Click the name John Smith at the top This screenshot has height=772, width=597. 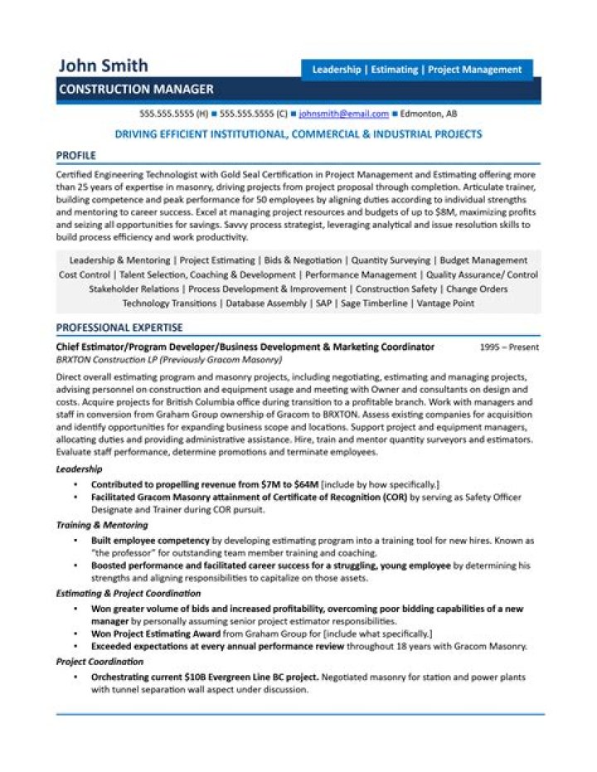point(104,66)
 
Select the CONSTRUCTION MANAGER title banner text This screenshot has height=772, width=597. point(136,90)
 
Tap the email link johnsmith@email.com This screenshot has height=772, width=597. point(343,114)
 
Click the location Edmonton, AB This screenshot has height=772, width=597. point(428,114)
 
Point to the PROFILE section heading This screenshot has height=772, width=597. point(76,155)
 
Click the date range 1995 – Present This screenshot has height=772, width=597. point(509,347)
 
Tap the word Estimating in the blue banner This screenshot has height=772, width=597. point(394,70)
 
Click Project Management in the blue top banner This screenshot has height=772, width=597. point(474,70)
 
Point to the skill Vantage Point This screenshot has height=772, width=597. point(444,304)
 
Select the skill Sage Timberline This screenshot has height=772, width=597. point(374,304)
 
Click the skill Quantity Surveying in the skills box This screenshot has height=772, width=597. point(391,260)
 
